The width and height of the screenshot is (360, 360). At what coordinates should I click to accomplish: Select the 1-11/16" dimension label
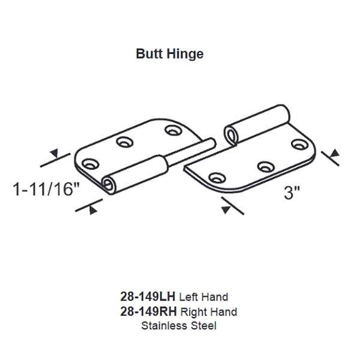[47, 190]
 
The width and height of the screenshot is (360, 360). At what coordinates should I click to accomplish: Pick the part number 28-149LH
[144, 297]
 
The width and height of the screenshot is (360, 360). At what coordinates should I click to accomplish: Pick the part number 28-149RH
[144, 311]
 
